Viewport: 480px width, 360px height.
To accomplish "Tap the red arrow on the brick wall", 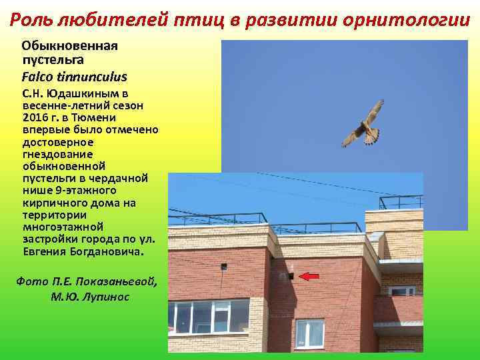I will click(308, 275).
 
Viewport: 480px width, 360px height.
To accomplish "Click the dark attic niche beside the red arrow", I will click(291, 275).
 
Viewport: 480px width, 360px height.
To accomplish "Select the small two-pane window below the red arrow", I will click(309, 332).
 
